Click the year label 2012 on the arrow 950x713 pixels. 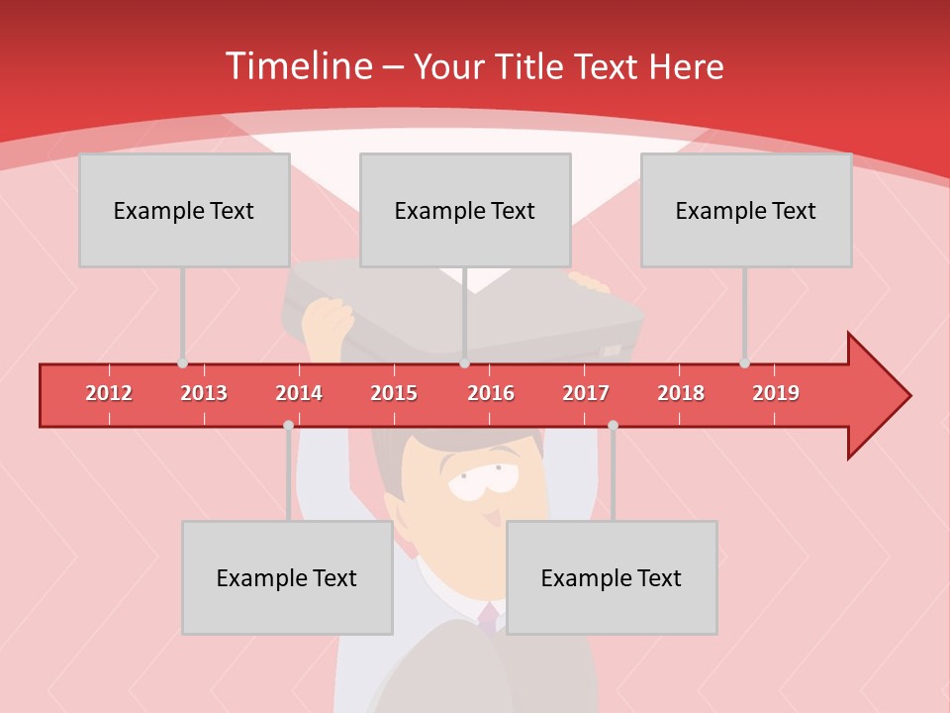109,393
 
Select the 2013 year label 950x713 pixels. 204,393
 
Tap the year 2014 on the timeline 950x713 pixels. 299,393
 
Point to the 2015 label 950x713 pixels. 394,393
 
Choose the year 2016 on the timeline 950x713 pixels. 491,393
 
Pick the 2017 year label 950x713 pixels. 586,393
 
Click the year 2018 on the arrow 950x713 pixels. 681,393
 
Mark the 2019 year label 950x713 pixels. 776,393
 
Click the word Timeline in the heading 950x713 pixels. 297,66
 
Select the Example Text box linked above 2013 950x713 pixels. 184,210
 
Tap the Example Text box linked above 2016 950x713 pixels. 465,210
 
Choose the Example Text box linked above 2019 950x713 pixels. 746,210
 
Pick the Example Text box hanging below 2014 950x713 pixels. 287,577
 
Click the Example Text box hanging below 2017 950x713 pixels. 612,577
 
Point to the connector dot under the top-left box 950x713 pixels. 183,363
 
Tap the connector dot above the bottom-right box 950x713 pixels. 613,426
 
